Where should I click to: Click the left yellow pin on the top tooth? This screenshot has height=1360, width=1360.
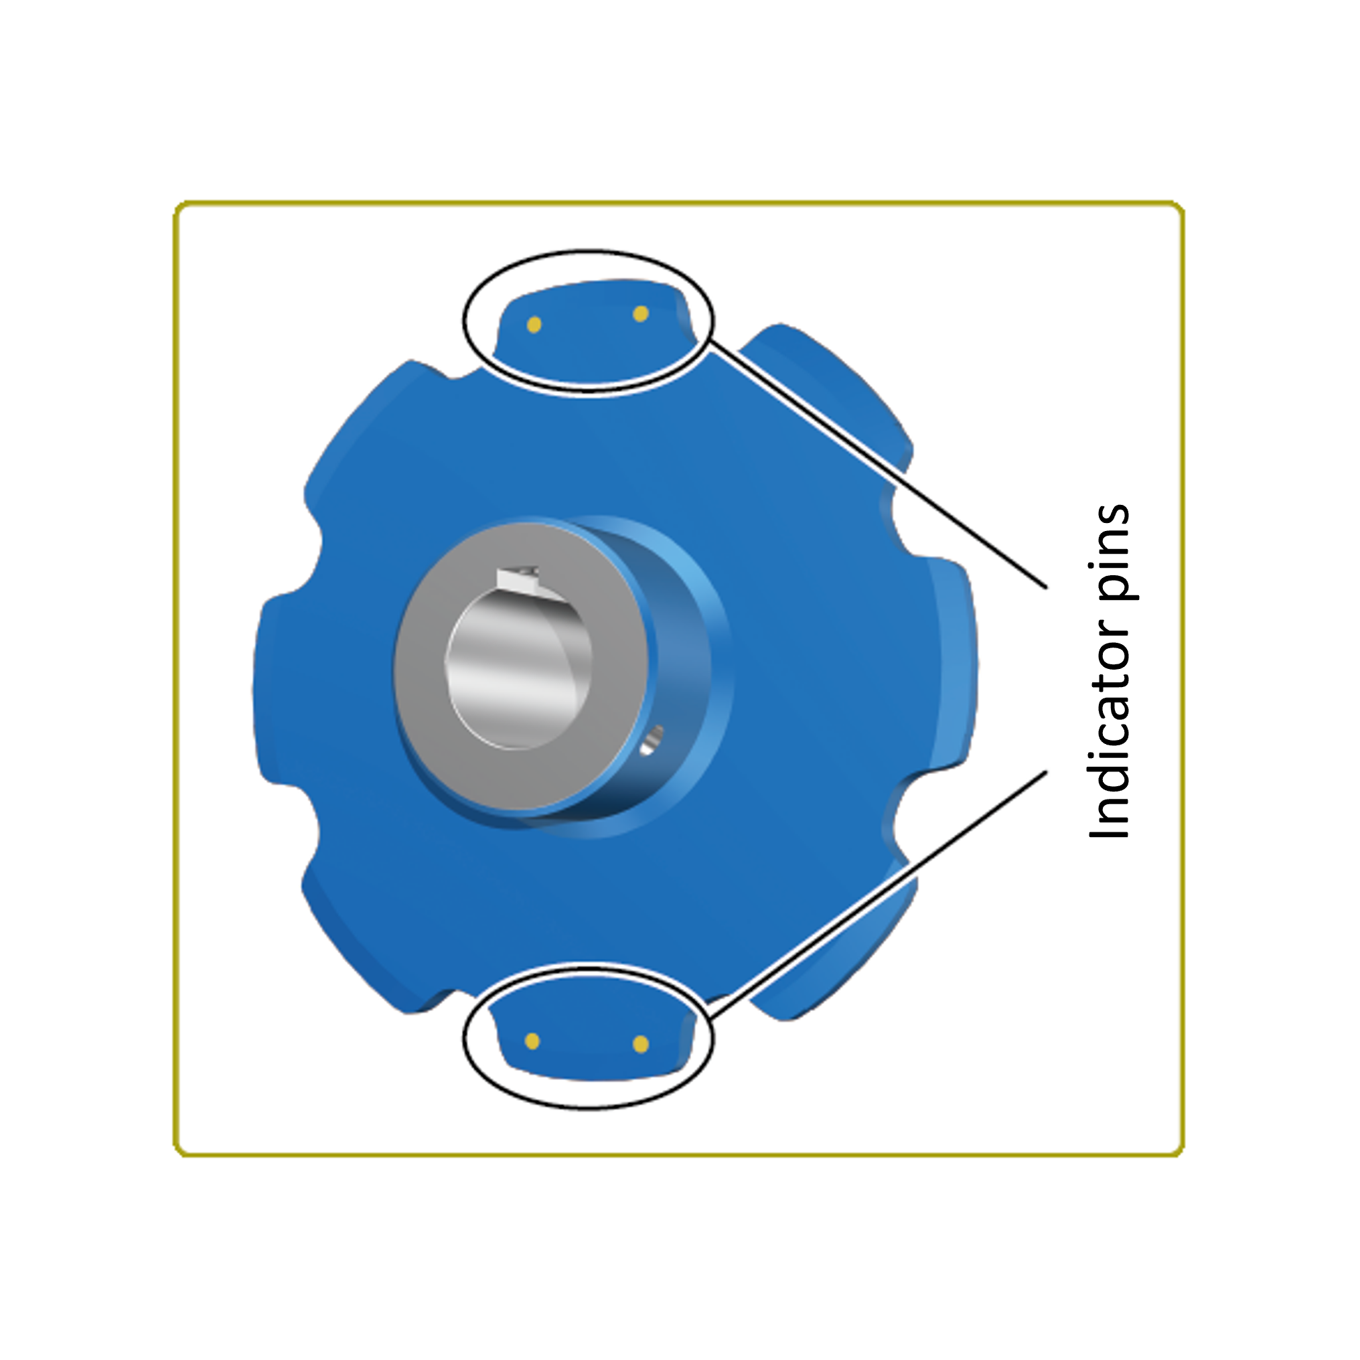534,325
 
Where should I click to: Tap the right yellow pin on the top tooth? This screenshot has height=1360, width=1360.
641,314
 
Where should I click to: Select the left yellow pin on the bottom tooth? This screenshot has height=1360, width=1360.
533,1041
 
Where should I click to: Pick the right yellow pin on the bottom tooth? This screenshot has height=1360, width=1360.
641,1044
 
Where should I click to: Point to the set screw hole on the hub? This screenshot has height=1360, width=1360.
652,740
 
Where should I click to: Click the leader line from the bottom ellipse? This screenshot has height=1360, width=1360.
880,891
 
